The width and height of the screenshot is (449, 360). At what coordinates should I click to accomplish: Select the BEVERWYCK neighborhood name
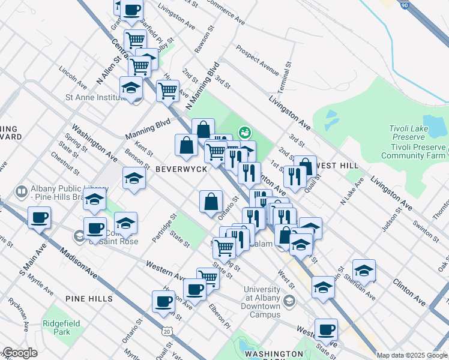[181, 170]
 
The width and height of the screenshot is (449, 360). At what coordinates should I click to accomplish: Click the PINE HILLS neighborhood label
[90, 299]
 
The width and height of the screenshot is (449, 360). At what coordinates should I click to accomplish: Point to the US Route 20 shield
[166, 331]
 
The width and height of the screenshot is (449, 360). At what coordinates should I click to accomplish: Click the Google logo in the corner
[20, 353]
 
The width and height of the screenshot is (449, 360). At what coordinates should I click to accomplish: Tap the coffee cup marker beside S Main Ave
[39, 218]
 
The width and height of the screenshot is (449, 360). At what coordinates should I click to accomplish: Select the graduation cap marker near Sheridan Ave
[364, 271]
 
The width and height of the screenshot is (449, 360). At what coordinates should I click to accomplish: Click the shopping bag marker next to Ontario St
[211, 202]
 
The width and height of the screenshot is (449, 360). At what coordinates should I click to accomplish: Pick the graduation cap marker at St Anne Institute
[131, 88]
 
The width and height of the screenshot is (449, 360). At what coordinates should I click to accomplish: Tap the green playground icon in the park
[244, 131]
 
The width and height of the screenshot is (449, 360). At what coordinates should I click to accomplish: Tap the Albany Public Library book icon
[21, 191]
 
